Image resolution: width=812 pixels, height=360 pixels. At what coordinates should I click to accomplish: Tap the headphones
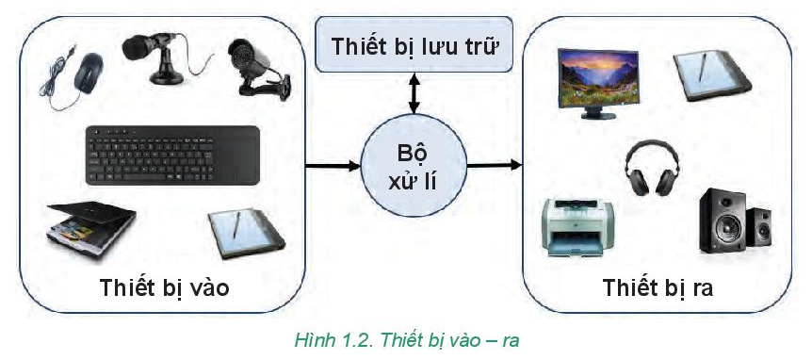point(650,168)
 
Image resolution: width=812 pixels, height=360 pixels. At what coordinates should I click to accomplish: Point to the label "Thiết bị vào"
point(164,288)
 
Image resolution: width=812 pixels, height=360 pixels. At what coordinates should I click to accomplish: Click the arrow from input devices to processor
point(333,166)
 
